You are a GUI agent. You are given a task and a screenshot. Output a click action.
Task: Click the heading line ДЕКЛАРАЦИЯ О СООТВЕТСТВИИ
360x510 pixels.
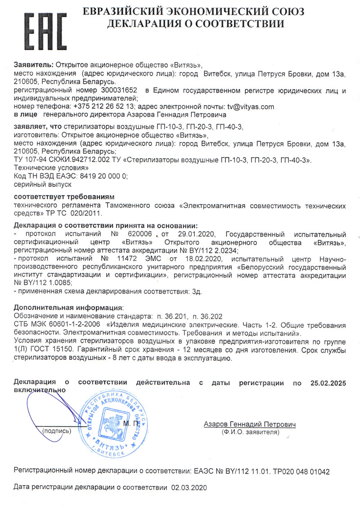[195, 24]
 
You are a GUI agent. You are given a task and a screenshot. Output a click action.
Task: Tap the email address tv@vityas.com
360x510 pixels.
[251, 107]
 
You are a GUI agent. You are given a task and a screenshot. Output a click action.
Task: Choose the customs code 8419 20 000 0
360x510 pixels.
[104, 177]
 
